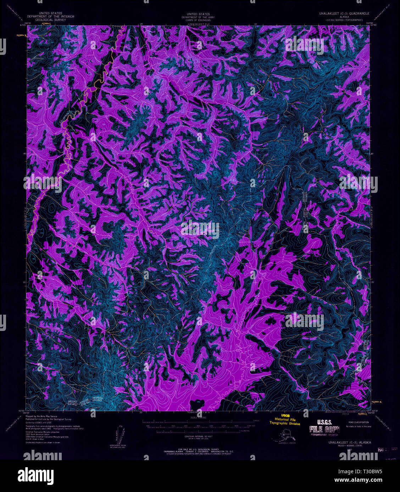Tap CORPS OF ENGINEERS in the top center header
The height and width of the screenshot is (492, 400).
pos(199,20)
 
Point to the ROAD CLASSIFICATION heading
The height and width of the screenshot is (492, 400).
pos(358,422)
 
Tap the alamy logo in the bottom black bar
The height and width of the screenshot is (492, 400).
pos(35,475)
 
